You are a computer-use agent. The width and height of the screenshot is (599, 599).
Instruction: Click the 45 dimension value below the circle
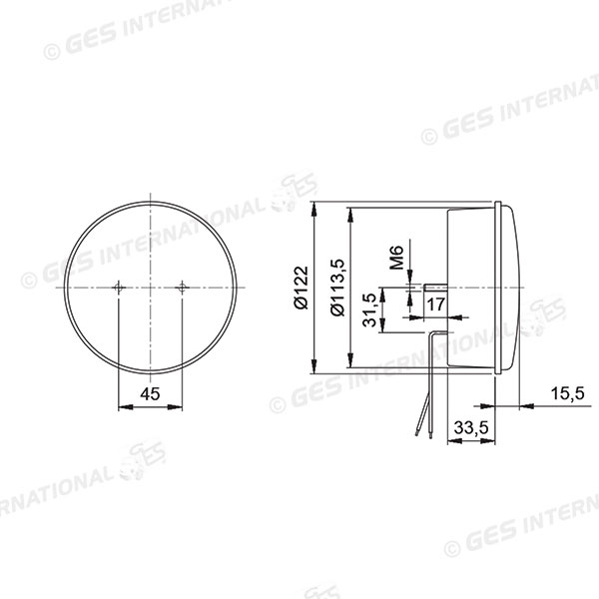click(x=150, y=393)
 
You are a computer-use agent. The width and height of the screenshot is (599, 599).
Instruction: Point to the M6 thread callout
click(x=395, y=258)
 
